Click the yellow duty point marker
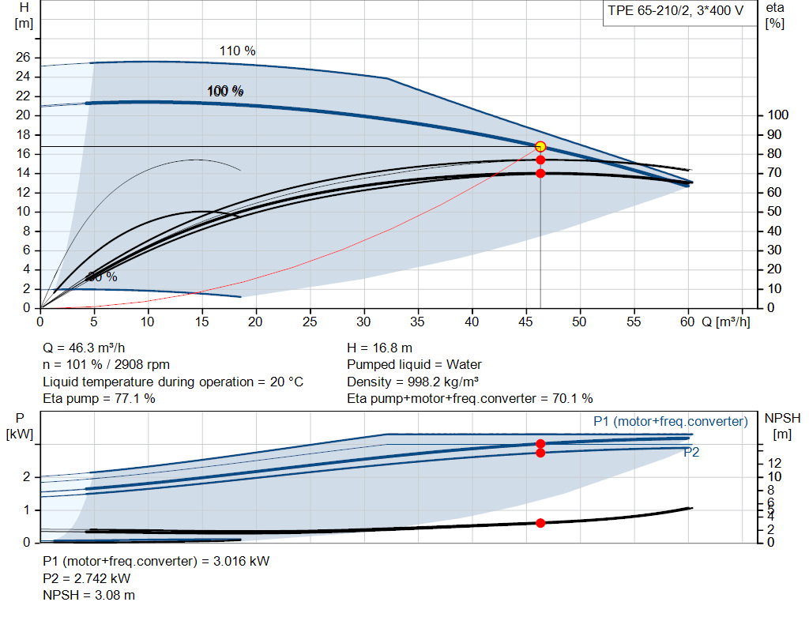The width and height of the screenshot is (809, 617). tap(540, 147)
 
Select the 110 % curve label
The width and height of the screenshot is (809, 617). tap(237, 51)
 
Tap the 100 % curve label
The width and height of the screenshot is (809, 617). tap(225, 92)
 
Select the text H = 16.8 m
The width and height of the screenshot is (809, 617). tap(380, 348)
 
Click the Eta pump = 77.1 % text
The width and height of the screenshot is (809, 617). tap(99, 399)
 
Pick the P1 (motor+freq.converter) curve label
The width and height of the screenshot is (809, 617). tap(670, 422)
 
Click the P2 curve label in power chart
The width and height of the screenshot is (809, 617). tap(691, 453)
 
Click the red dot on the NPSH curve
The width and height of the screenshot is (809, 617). tap(540, 523)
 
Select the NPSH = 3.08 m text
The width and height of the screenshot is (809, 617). tap(88, 595)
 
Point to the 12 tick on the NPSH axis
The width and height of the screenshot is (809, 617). tap(774, 462)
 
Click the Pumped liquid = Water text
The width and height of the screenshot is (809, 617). tap(414, 365)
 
